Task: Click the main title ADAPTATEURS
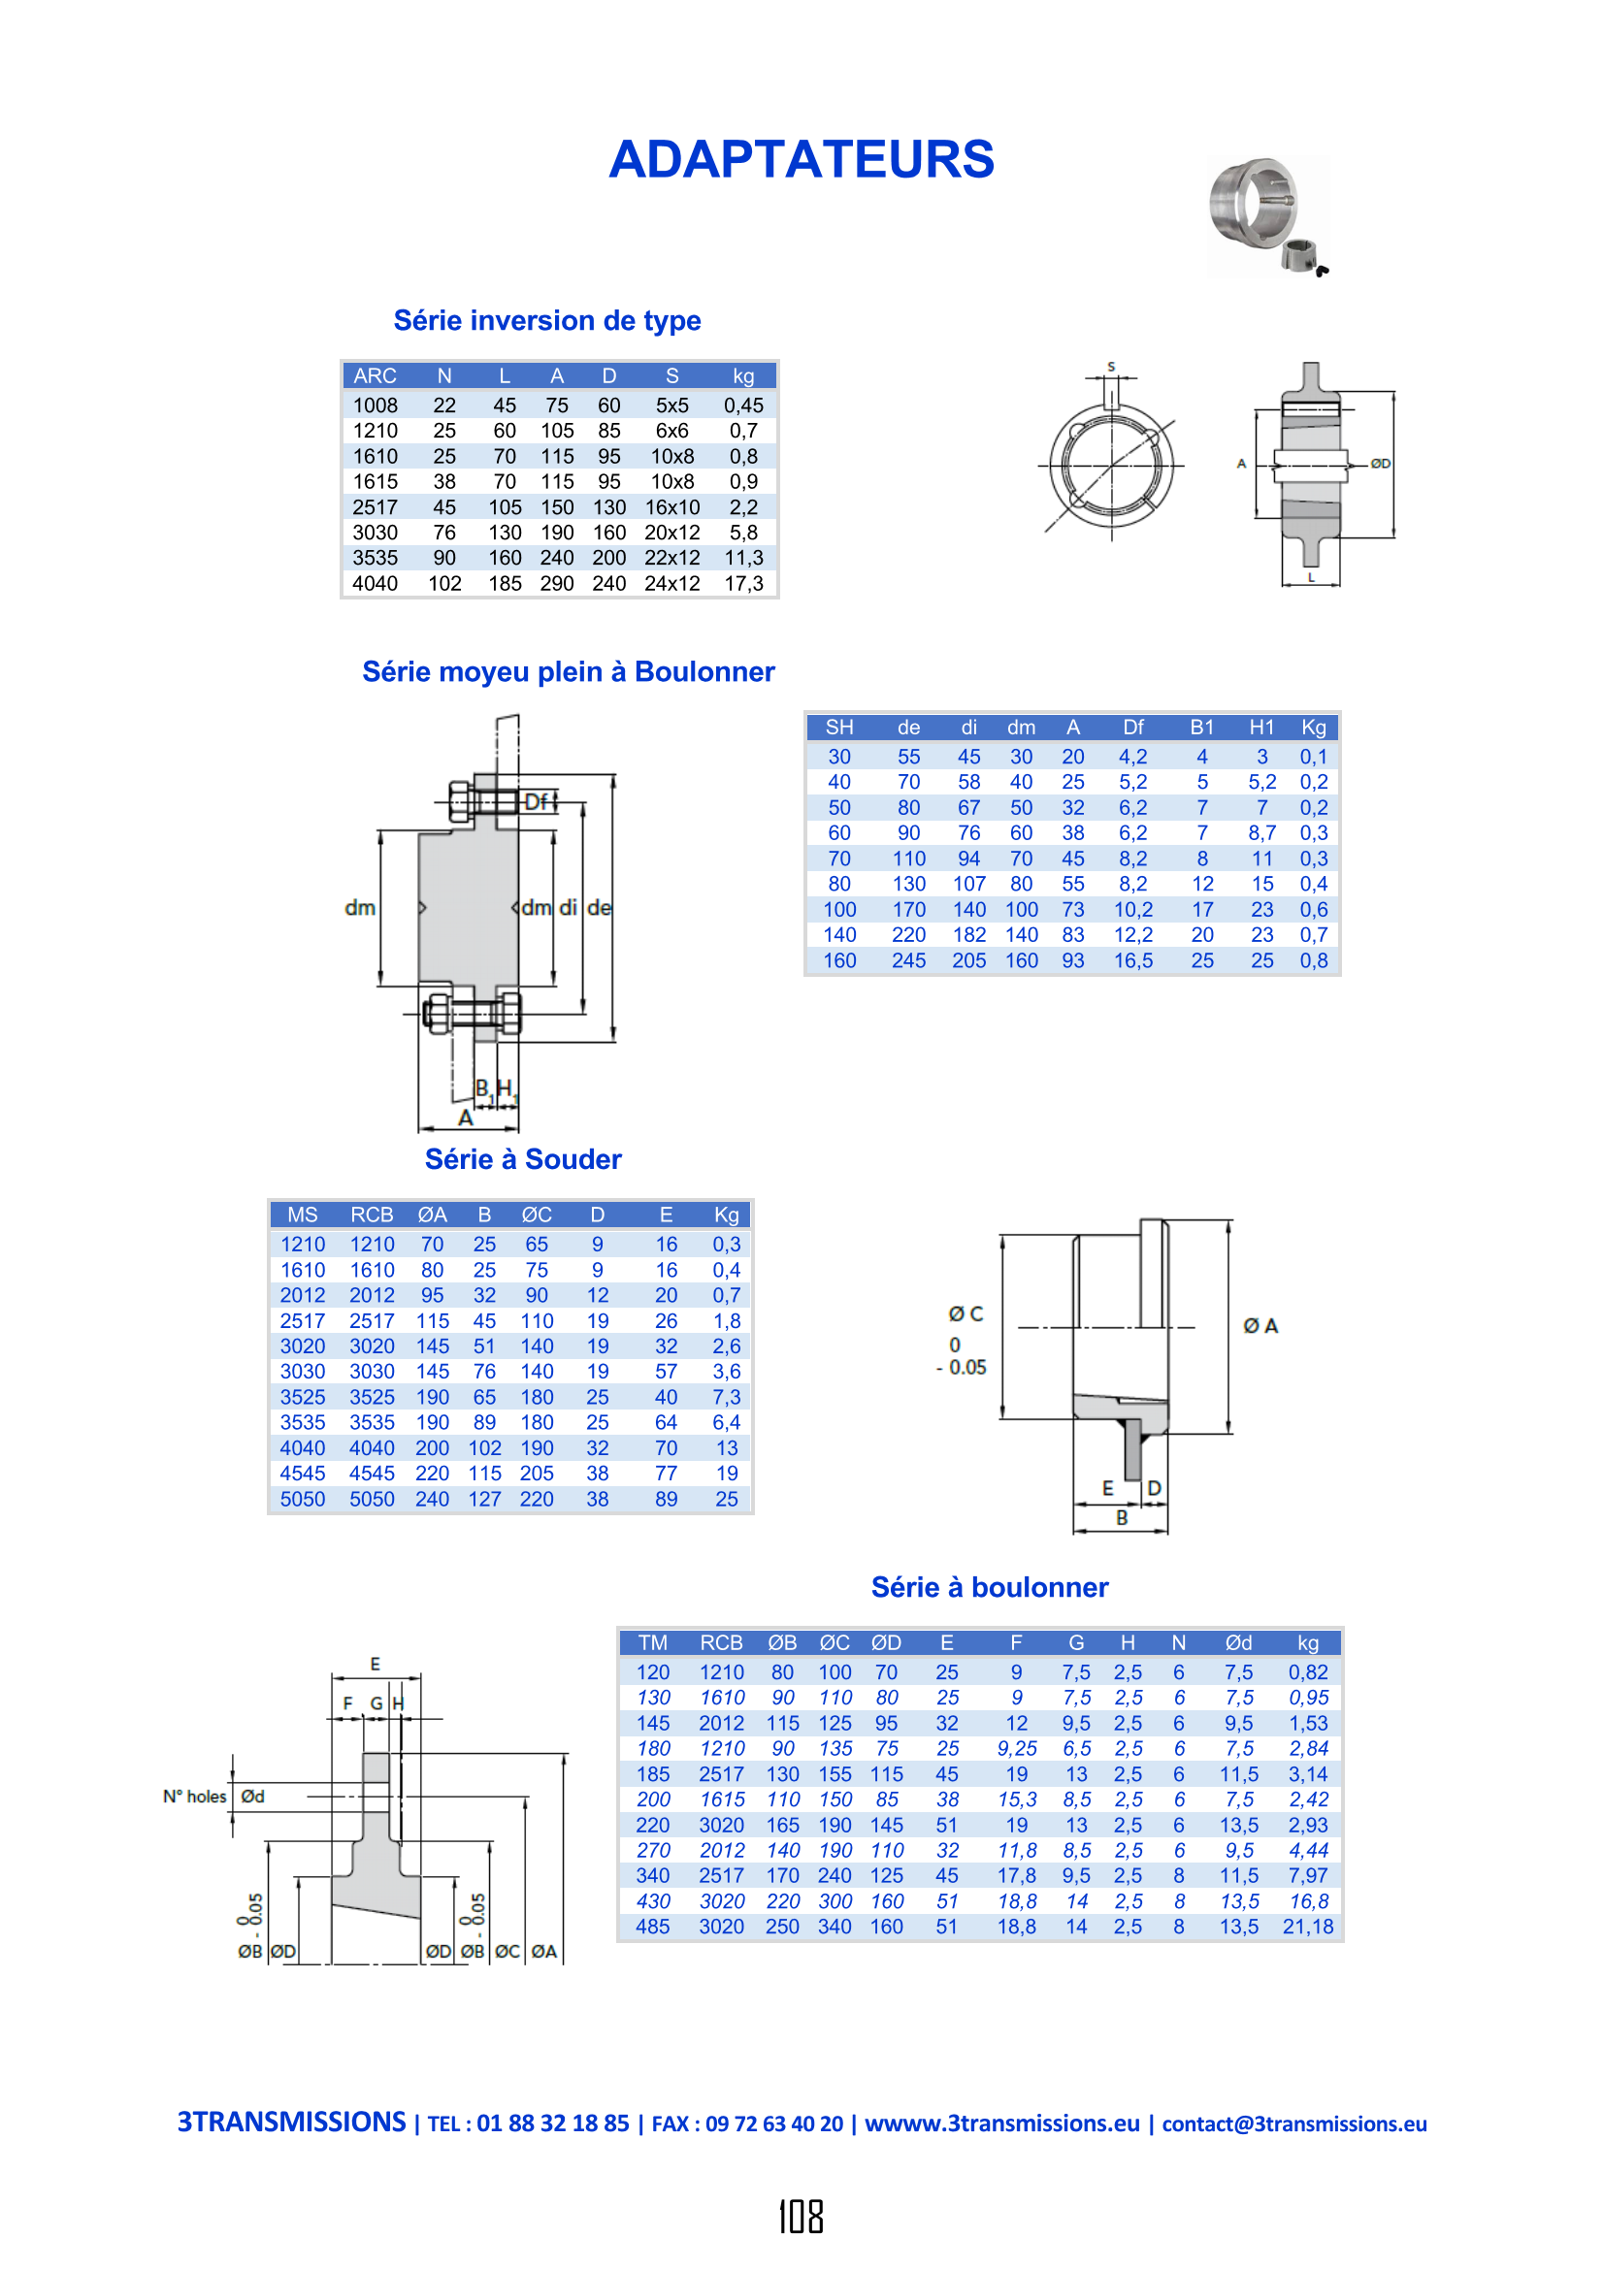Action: tap(802, 159)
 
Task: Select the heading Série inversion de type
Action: tap(547, 320)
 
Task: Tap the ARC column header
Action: tap(375, 375)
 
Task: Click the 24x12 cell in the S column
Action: tap(672, 583)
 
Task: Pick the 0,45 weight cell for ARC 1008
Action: tap(743, 405)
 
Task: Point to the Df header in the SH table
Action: tap(1132, 728)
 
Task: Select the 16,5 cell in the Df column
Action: tap(1132, 960)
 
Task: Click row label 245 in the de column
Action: tap(908, 960)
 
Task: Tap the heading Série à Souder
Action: tap(523, 1159)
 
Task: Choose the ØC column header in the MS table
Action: tap(537, 1215)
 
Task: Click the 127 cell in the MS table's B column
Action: tap(484, 1499)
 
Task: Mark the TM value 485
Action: tap(652, 1927)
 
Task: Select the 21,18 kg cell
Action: tap(1307, 1927)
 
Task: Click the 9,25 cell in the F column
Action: tap(1016, 1748)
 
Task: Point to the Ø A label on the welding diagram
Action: tap(1260, 1325)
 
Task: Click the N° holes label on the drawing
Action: tap(195, 1797)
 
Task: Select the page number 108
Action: tap(801, 2217)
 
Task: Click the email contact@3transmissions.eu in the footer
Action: tap(1293, 2123)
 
